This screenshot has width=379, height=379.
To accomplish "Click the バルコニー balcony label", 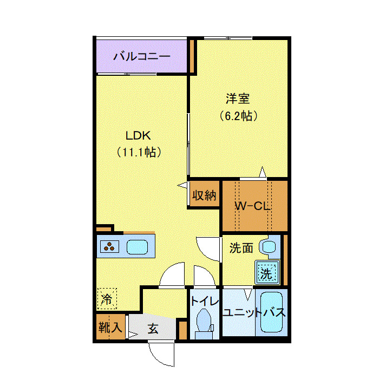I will tap(142, 56).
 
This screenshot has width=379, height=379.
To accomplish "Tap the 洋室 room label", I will tap(238, 99).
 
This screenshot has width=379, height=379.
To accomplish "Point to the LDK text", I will tap(138, 135).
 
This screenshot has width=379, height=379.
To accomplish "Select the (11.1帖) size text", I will tap(138, 153).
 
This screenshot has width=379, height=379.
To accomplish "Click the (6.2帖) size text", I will tap(238, 115).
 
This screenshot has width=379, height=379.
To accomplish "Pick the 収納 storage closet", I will tap(204, 195).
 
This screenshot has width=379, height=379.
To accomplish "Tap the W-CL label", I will tap(252, 206).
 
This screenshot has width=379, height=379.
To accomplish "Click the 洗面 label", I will tap(241, 249).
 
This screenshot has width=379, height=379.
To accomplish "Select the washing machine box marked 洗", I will tap(266, 273).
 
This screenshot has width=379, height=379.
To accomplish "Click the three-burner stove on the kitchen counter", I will tap(110, 247).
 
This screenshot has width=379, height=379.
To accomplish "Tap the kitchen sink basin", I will tap(138, 247).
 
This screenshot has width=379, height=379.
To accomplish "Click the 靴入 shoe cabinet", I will tap(110, 327).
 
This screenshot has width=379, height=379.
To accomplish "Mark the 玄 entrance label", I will tap(153, 329).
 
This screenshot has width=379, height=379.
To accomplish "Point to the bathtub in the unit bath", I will tap(272, 313).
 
